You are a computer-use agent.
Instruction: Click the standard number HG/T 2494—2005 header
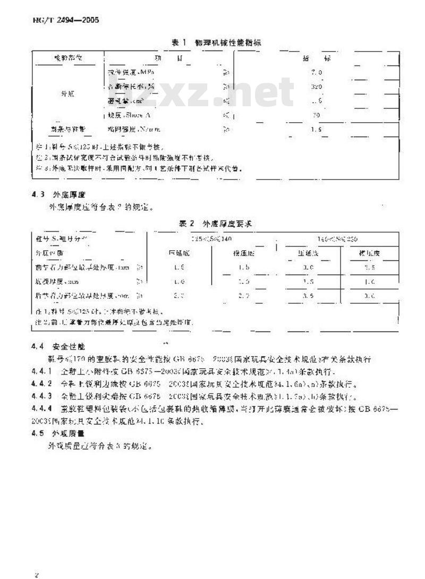[59, 21]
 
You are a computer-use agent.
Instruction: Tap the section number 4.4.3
[41, 396]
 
